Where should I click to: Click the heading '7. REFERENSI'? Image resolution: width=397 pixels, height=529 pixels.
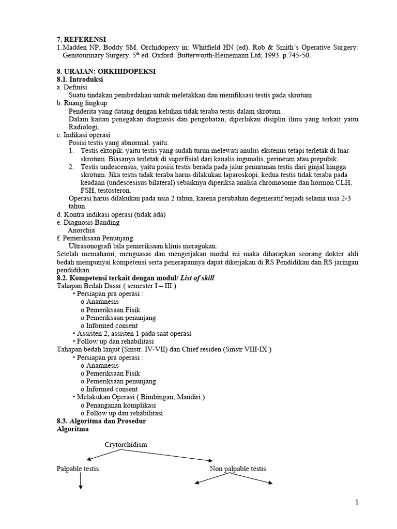point(81,39)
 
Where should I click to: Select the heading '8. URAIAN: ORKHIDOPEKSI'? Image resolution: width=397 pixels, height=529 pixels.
point(106,71)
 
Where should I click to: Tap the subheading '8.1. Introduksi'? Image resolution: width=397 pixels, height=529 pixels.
point(80,80)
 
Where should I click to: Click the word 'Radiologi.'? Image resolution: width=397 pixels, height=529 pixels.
point(83,127)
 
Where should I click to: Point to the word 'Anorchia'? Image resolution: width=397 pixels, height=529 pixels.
point(83,230)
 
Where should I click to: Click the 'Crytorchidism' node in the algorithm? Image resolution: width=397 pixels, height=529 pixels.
point(126,444)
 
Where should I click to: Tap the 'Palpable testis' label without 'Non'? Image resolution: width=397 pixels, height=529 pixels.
point(78,469)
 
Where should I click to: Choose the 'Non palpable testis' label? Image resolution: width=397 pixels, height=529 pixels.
point(238,469)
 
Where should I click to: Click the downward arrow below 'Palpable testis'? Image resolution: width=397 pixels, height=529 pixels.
point(81,481)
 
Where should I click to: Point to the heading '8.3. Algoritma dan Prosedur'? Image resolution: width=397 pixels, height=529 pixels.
point(101,421)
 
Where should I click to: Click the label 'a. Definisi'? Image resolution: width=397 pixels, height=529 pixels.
point(72,87)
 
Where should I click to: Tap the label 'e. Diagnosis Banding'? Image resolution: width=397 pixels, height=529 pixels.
point(88,222)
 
